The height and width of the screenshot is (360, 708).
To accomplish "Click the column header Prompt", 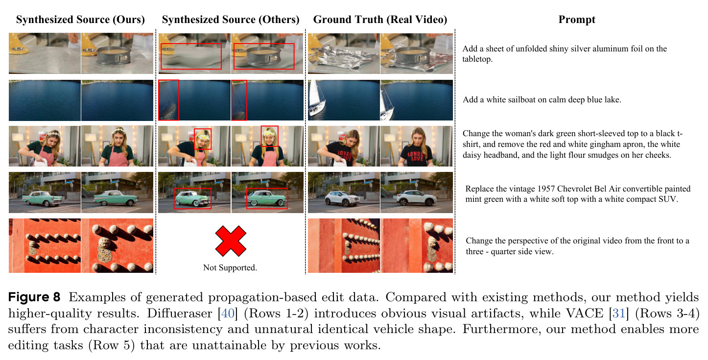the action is pos(576,20).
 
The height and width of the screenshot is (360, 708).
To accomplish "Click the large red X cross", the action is pos(231,241).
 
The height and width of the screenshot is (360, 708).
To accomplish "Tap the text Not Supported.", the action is pos(230,268).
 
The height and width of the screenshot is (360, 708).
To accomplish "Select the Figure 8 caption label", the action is pos(34,297).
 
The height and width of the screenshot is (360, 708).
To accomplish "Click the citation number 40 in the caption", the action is pos(228,313).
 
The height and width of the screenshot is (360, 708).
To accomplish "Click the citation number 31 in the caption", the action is pos(619,313).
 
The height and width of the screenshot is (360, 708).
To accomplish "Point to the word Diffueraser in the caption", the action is pos(179,313).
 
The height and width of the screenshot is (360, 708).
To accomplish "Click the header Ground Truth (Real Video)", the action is pos(380,20).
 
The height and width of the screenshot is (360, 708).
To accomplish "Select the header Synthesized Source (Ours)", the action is pos(80,20).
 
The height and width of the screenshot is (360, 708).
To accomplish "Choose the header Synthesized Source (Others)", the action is pos(231,20).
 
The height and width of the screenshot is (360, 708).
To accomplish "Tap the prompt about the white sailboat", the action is pos(542,100).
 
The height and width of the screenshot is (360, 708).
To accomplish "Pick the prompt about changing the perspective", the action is pos(577,246).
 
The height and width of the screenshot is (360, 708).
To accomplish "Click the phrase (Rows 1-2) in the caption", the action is pos(276,313).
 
